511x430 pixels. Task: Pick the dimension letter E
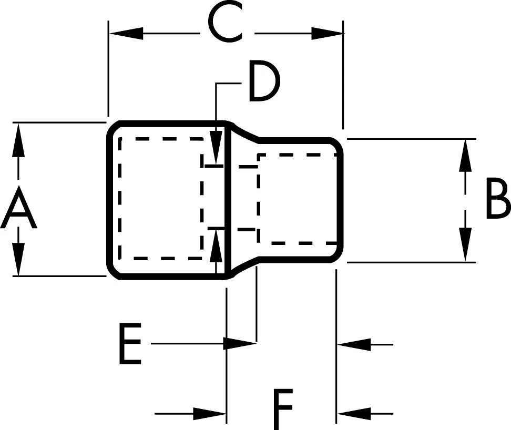click(x=129, y=345)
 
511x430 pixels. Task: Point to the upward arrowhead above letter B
click(x=465, y=156)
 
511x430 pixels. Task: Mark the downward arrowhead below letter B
click(x=465, y=244)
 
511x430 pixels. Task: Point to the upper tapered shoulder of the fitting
click(x=244, y=131)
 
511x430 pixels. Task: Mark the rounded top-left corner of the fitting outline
click(x=113, y=128)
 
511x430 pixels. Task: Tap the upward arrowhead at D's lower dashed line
click(x=216, y=245)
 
